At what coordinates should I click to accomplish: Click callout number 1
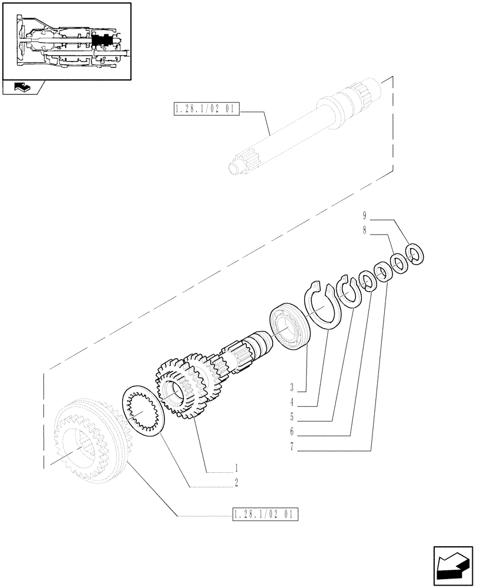[x=236, y=468]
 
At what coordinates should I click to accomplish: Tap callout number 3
[x=291, y=387]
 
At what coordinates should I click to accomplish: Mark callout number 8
[x=365, y=231]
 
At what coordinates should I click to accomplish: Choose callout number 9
[x=365, y=216]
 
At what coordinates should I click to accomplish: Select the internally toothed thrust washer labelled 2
[x=142, y=409]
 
